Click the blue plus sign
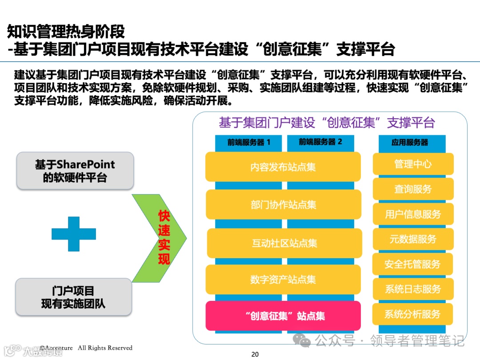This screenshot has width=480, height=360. [74, 234]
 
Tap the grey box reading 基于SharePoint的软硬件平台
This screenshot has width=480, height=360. [75, 171]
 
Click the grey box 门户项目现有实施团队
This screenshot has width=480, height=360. [73, 297]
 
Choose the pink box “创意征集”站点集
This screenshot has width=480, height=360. [283, 316]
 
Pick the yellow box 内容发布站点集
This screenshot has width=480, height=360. [283, 167]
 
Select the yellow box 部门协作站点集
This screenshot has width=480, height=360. [283, 205]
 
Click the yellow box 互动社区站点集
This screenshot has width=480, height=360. [284, 243]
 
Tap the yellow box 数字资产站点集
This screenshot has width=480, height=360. [283, 280]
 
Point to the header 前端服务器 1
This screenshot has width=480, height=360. [248, 142]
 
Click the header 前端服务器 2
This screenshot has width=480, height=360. [320, 142]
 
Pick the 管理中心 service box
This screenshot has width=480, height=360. [413, 164]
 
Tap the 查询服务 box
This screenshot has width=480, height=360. [413, 189]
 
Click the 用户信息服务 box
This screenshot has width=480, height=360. [413, 214]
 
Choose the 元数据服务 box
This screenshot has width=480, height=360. [413, 239]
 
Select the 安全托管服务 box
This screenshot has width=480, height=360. [412, 264]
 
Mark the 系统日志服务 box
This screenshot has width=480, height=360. [413, 289]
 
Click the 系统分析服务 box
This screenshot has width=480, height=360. [412, 314]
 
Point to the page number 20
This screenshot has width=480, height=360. [255, 354]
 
